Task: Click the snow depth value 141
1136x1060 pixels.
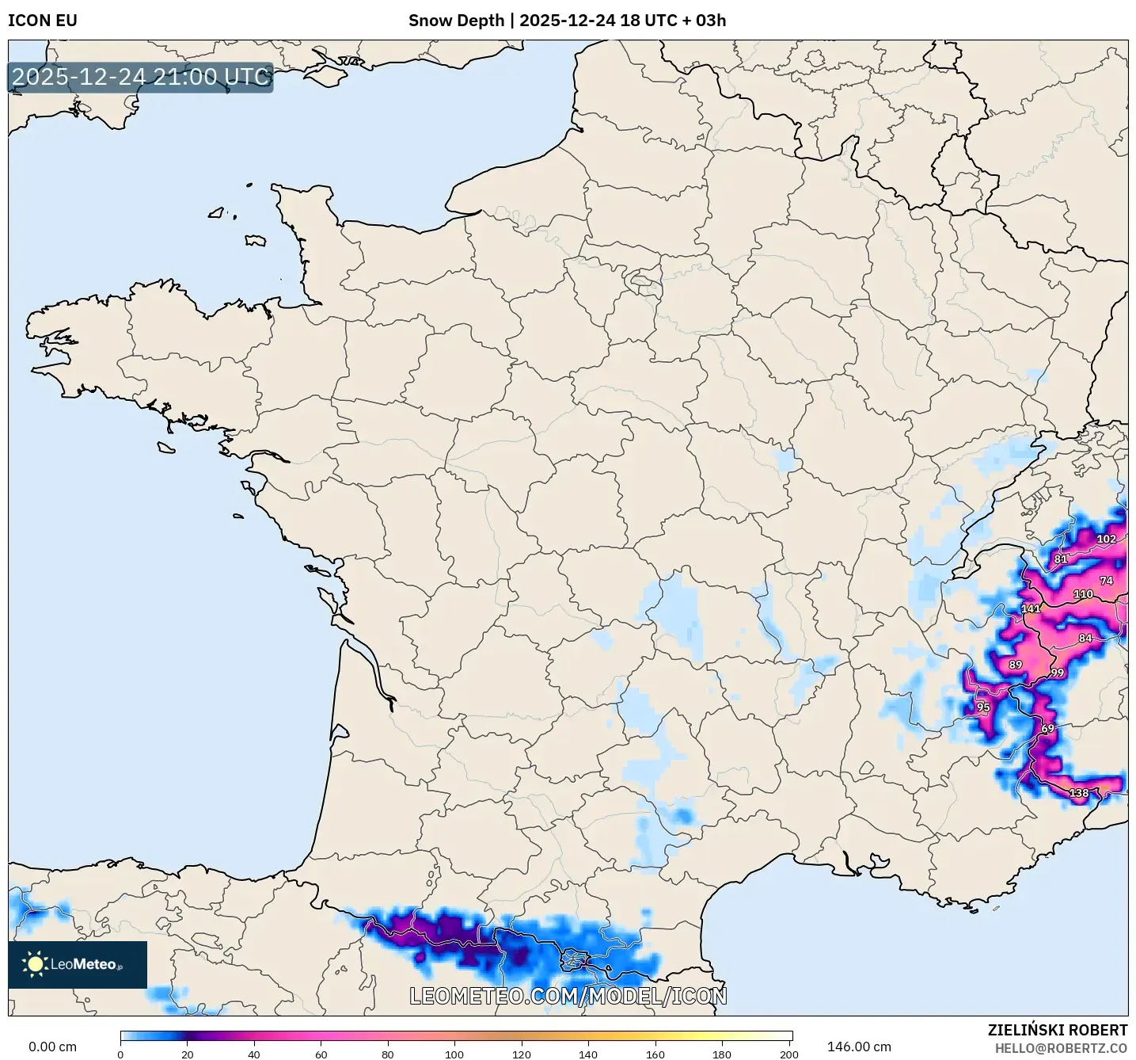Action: pyautogui.click(x=1031, y=609)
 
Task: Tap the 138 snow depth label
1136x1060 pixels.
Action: pyautogui.click(x=1079, y=793)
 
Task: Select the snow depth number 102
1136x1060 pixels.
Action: pyautogui.click(x=1106, y=540)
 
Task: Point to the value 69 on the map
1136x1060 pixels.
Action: pyautogui.click(x=1047, y=729)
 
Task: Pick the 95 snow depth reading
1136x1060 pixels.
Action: pyautogui.click(x=983, y=708)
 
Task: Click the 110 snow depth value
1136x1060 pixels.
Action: pyautogui.click(x=1083, y=594)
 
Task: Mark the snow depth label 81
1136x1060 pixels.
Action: pyautogui.click(x=1061, y=559)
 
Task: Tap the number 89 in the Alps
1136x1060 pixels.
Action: pyautogui.click(x=1016, y=665)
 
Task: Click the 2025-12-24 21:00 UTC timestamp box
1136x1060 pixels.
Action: pyautogui.click(x=141, y=77)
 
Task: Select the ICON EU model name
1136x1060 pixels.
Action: pyautogui.click(x=43, y=21)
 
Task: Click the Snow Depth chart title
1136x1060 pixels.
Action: pyautogui.click(x=567, y=21)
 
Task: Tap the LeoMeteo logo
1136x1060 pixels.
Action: pyautogui.click(x=78, y=964)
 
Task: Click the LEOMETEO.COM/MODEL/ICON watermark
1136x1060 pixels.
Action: pyautogui.click(x=568, y=996)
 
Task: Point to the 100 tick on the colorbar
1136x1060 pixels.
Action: pyautogui.click(x=454, y=1054)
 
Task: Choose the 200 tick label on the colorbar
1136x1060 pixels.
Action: pyautogui.click(x=789, y=1054)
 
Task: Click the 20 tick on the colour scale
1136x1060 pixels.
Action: pyautogui.click(x=188, y=1054)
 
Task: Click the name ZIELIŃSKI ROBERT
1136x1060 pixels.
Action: pyautogui.click(x=1058, y=1031)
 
